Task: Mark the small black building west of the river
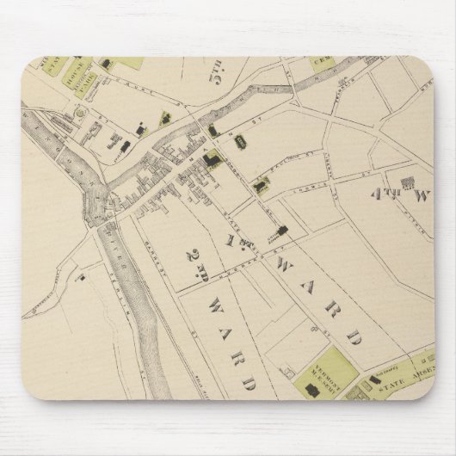click(x=78, y=277)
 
